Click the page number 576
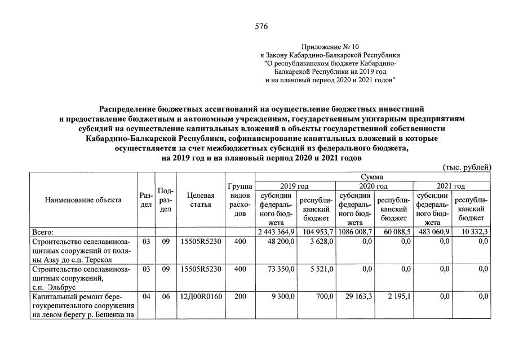(x=261, y=26)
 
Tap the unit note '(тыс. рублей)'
(x=467, y=167)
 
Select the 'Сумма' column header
(x=372, y=177)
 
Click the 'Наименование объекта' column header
(x=84, y=200)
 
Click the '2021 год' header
(x=451, y=186)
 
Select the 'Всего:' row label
(x=43, y=232)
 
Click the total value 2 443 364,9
(x=276, y=232)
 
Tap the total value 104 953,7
(x=317, y=232)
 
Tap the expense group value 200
(x=240, y=296)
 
